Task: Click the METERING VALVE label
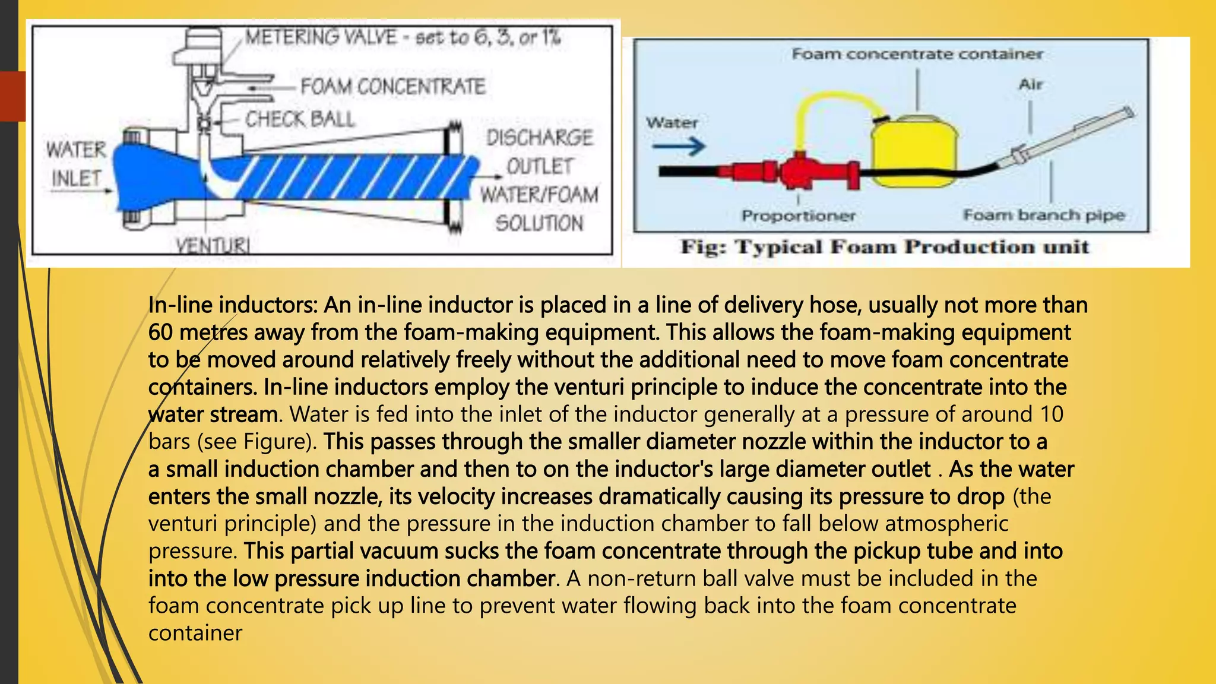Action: coord(321,37)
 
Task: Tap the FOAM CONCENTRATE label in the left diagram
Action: coord(392,87)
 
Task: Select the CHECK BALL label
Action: coord(300,119)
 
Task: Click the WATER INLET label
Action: coord(76,164)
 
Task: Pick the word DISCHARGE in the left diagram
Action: coord(539,138)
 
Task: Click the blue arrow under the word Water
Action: coord(678,145)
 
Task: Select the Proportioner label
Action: coord(798,216)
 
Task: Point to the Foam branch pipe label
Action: coord(1043,215)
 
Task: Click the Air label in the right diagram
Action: coord(1031,85)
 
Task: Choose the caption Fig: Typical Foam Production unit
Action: coord(885,247)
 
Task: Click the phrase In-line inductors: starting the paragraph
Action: coord(233,305)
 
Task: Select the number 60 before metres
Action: coord(160,332)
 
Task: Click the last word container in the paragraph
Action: coord(195,633)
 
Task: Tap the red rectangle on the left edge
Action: coord(12,96)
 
